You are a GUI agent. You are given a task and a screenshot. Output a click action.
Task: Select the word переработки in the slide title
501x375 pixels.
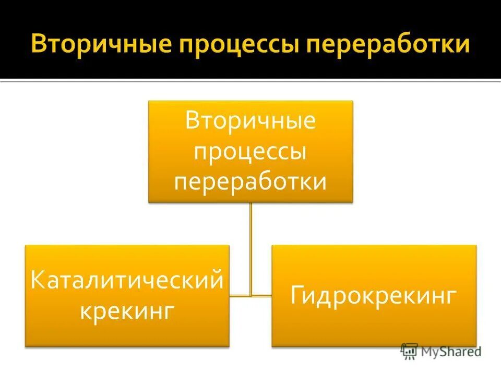[389, 45]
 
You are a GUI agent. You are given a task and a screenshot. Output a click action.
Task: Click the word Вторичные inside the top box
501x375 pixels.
[250, 121]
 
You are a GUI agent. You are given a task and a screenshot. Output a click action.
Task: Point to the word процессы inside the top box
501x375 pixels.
[250, 153]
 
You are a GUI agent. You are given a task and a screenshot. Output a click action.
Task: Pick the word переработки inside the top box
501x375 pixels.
[250, 183]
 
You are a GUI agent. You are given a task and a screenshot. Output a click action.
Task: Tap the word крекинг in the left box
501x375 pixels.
[127, 312]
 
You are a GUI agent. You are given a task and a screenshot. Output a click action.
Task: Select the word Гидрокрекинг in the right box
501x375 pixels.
[374, 296]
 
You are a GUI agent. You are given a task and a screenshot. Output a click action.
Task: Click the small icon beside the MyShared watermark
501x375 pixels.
[409, 351]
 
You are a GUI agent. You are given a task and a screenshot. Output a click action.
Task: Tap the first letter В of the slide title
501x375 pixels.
[40, 44]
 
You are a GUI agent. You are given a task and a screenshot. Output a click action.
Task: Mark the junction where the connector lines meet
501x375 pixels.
[251, 296]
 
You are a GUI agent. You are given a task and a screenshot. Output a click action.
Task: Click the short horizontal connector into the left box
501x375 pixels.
[240, 296]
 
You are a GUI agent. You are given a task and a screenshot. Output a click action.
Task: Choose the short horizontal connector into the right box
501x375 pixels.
[262, 296]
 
